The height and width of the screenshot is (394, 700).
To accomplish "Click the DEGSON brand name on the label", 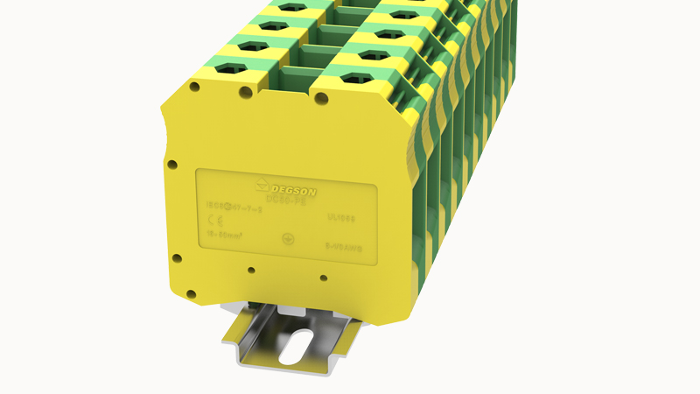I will pos(297,188).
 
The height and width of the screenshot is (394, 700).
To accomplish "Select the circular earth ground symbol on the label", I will pos(286,239).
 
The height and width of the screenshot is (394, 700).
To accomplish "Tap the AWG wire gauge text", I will pos(343,248).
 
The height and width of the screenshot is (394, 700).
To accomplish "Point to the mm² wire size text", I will pos(227,234).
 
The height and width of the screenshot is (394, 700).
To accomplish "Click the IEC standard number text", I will pos(228,208).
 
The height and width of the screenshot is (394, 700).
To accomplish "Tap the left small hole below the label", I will pos(251,270).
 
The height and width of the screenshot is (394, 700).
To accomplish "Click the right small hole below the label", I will pos(324,278).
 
